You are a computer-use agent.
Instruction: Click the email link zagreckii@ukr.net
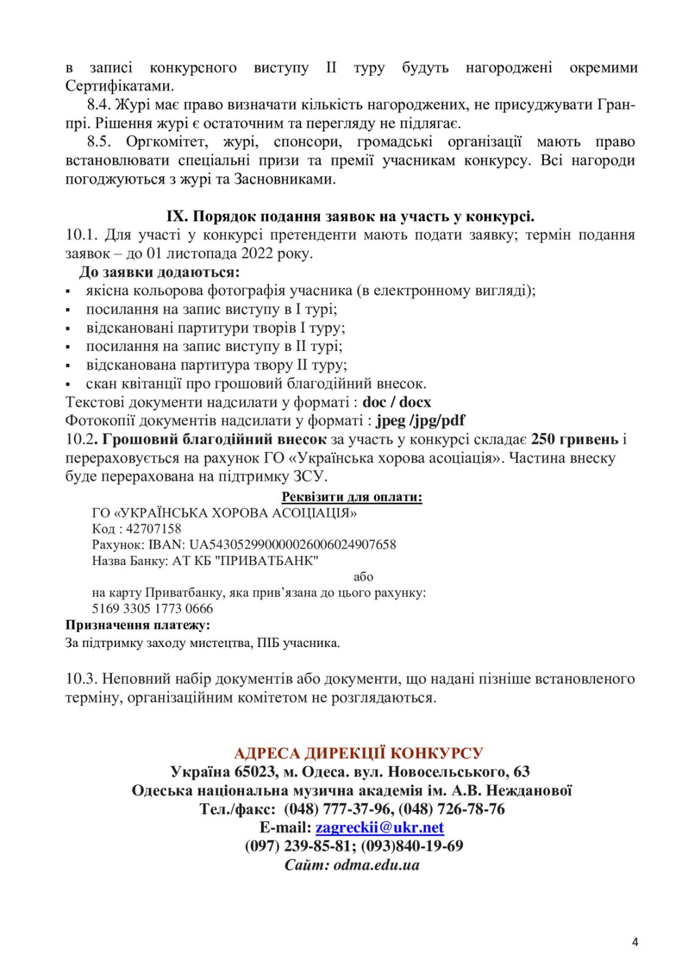point(379,827)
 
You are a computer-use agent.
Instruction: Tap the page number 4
point(635,943)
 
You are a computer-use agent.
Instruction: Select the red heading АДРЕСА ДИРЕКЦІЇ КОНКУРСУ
point(358,753)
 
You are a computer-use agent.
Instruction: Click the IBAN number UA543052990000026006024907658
point(292,544)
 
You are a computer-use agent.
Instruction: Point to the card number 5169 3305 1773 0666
point(153,608)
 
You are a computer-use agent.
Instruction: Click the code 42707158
point(153,528)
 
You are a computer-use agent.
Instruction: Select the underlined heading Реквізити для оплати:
point(352,497)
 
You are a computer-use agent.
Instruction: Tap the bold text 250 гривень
point(574,439)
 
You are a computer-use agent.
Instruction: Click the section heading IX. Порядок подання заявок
point(350,216)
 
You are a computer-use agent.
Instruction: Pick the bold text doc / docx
point(397,402)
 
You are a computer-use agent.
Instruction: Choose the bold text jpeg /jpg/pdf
point(420,420)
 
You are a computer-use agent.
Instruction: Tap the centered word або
point(363,577)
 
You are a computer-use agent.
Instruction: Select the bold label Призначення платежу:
point(137,625)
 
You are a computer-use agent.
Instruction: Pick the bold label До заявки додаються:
point(159,272)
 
